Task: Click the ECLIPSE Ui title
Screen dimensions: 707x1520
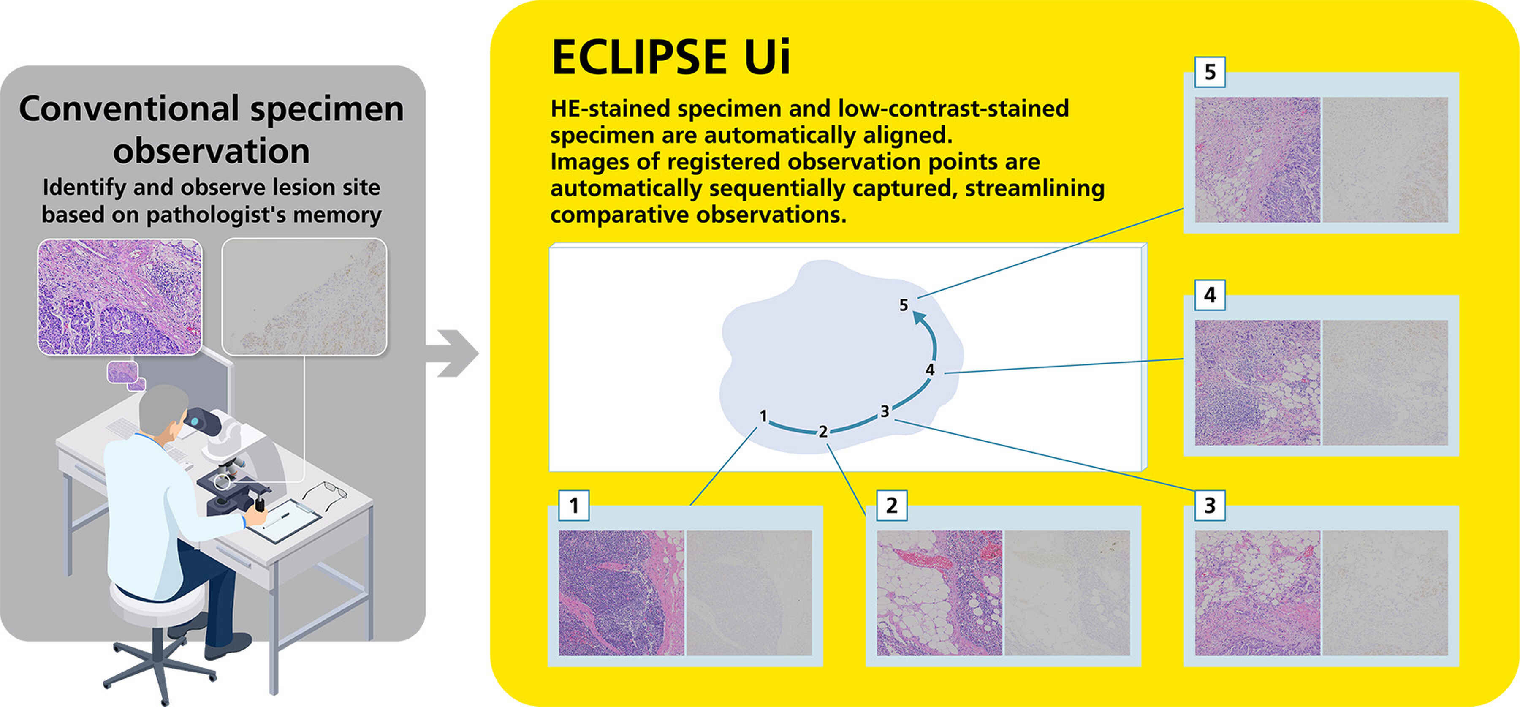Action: pos(670,57)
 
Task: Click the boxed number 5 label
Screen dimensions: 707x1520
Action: pos(1210,72)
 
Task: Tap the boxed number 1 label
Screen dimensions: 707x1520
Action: pos(573,505)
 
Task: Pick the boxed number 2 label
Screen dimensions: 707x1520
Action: pos(892,505)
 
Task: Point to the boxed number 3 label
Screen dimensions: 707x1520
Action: pos(1210,505)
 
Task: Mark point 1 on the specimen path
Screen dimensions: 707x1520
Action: pos(763,416)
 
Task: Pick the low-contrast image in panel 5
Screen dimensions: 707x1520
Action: pos(1385,160)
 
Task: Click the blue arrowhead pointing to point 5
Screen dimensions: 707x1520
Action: pos(919,319)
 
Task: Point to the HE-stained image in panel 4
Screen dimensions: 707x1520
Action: pos(1257,382)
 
